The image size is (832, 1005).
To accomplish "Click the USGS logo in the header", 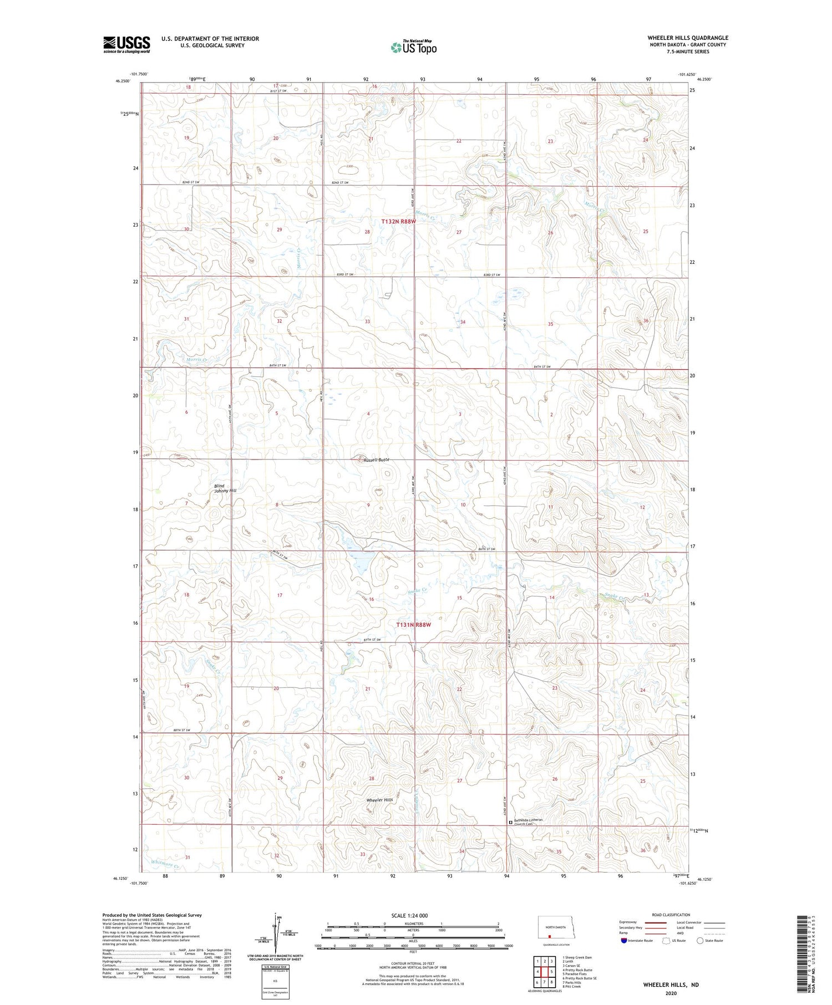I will click(x=126, y=44).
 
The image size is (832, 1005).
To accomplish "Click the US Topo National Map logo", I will click(x=413, y=47).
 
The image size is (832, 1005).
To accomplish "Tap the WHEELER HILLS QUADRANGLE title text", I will click(x=688, y=38).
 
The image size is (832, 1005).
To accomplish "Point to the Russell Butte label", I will click(x=377, y=460).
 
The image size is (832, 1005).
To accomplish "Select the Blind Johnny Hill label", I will click(x=225, y=488).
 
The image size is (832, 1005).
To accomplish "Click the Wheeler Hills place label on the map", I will click(x=379, y=800).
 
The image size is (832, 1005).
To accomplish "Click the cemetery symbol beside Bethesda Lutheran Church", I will click(x=511, y=823).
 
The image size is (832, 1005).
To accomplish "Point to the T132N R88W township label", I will click(x=398, y=221).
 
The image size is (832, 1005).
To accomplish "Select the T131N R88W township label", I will click(x=413, y=625).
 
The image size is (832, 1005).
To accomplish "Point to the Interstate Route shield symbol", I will click(x=624, y=941).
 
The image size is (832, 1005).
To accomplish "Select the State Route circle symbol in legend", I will click(x=700, y=941).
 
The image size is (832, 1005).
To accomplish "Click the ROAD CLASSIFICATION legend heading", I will click(x=671, y=915).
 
